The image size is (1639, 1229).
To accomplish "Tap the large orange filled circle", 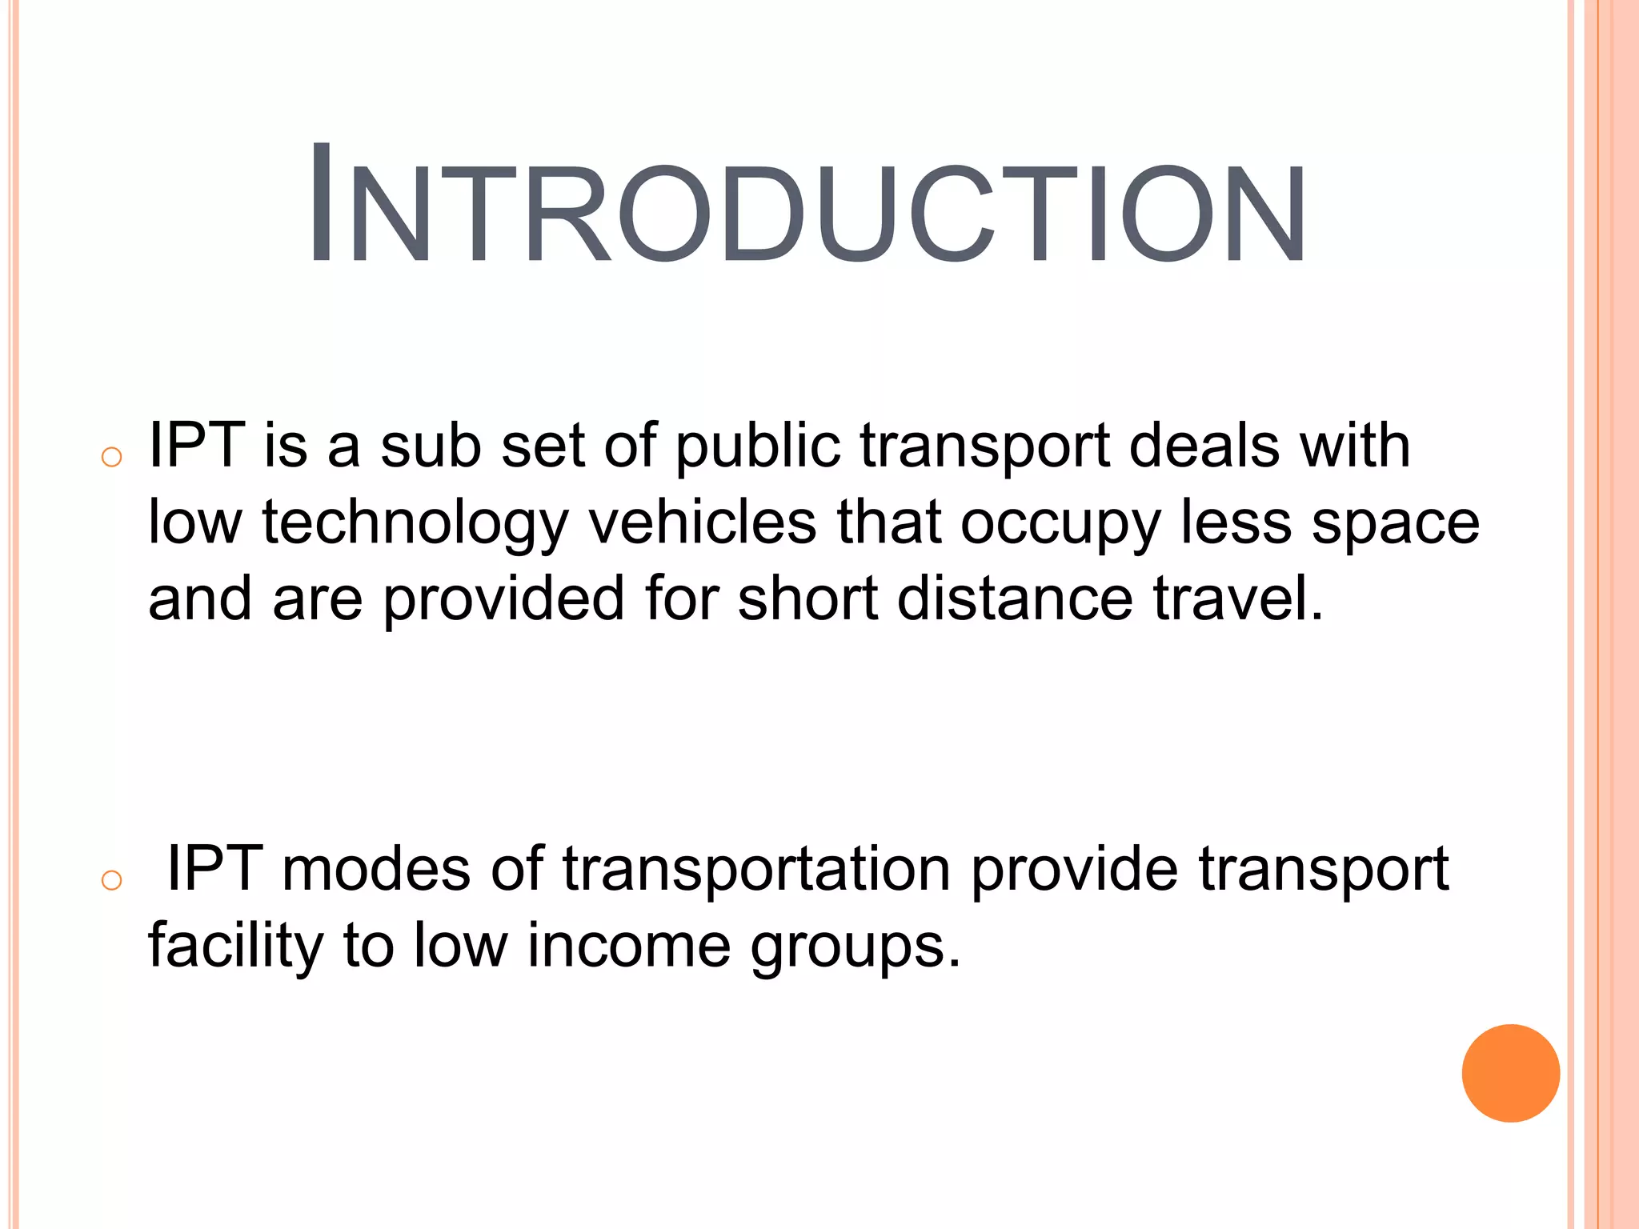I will (x=1510, y=1073).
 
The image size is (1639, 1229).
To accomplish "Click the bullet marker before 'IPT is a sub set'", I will (x=112, y=458).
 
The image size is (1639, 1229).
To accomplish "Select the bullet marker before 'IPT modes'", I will (x=112, y=881).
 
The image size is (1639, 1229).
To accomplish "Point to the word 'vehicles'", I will (x=703, y=522).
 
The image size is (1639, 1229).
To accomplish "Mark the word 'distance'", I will (x=1015, y=598).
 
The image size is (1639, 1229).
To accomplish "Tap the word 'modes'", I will (x=376, y=869).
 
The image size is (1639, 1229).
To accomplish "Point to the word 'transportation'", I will (x=755, y=871).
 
